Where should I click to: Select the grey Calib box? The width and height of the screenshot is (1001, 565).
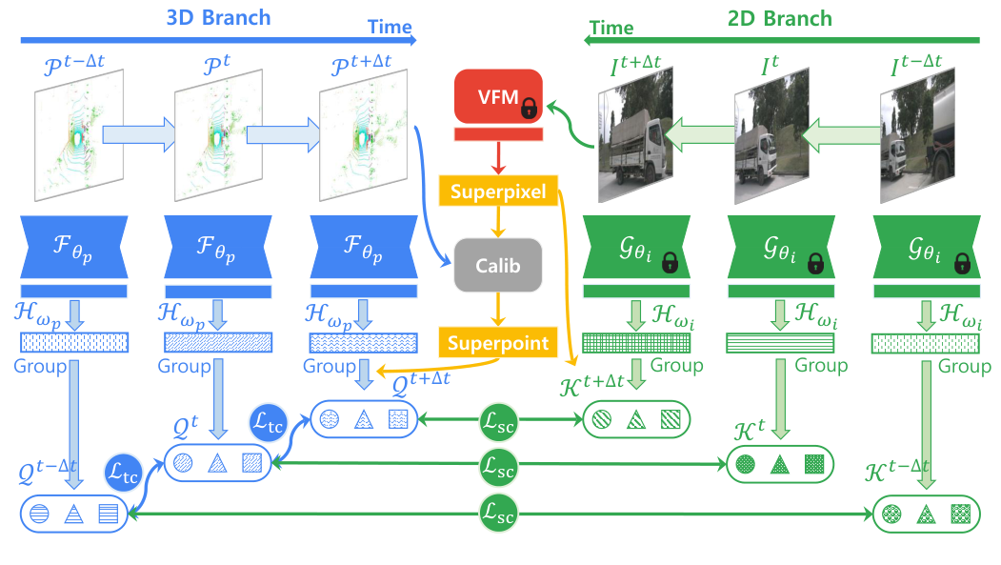(498, 266)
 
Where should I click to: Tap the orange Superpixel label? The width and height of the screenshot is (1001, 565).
(498, 192)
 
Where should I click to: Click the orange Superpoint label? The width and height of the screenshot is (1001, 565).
(498, 342)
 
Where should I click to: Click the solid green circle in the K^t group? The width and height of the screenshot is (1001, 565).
(745, 465)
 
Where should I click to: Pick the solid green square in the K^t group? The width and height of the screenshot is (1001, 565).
(812, 465)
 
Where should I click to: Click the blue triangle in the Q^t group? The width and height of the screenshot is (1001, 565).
(216, 463)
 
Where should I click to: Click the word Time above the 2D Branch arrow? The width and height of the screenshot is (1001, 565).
(611, 29)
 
